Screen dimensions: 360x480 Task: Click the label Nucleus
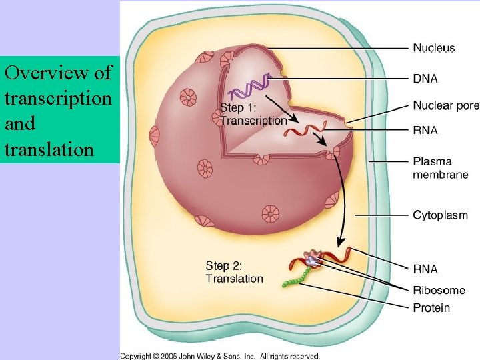[434, 48]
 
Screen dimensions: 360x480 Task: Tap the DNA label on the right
[425, 79]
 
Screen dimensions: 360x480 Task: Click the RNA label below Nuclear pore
[425, 131]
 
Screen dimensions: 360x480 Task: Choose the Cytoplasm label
[440, 215]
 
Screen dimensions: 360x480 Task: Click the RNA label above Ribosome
[425, 269]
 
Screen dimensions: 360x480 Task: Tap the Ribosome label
[439, 290]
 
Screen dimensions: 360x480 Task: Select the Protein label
[431, 308]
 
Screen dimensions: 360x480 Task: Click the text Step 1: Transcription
[253, 114]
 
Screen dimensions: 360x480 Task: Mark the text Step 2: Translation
[234, 272]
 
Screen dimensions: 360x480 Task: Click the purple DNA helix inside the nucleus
[249, 87]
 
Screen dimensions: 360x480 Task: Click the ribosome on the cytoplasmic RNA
[312, 257]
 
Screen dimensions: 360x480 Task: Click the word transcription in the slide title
[57, 98]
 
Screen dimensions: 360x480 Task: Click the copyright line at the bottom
[220, 356]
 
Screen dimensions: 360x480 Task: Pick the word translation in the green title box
[49, 148]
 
